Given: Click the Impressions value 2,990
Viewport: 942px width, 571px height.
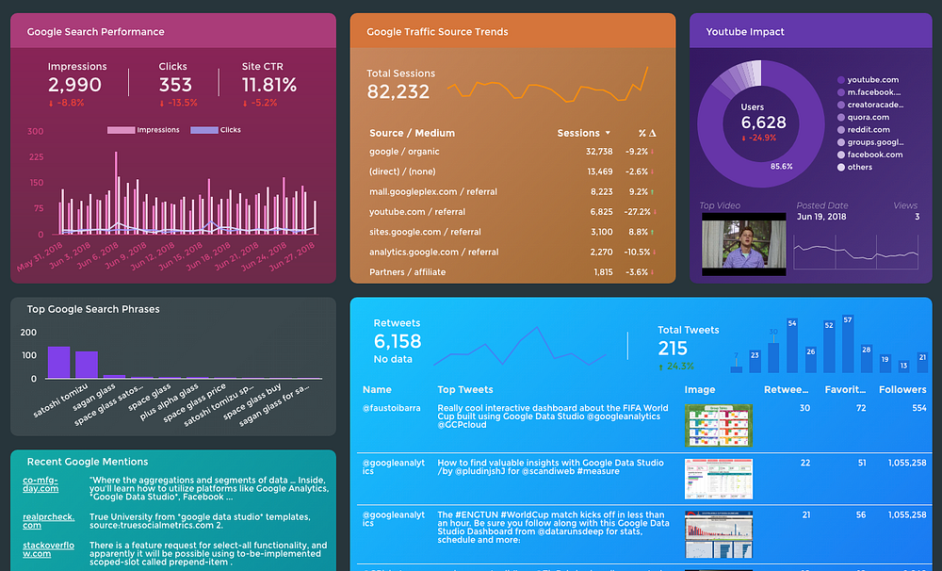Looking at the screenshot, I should (x=74, y=86).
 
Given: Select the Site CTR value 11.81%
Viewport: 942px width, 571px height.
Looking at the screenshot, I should (x=269, y=86).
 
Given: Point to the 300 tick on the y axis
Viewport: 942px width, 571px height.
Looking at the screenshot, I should (x=35, y=131).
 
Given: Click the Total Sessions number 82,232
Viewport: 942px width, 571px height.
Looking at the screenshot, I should (x=398, y=91).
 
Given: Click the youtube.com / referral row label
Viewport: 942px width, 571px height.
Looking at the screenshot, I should (x=417, y=212).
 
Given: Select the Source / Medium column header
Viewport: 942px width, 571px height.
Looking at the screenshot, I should (x=412, y=133).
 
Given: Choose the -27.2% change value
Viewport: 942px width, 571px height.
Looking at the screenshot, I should (x=636, y=212).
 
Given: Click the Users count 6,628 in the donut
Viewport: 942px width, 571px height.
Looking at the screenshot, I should (x=763, y=122).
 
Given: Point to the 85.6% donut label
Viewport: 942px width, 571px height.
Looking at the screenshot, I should (x=782, y=167).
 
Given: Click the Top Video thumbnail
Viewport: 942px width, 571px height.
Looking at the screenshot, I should (x=743, y=245).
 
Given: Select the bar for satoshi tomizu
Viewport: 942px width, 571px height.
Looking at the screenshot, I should (x=59, y=363).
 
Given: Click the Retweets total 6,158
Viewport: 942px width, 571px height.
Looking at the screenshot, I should (x=398, y=341).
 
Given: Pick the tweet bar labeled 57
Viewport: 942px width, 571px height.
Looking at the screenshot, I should (x=848, y=345).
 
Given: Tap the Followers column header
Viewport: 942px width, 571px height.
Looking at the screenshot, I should (x=902, y=389).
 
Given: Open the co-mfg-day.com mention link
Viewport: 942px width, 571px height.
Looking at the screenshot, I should (x=41, y=483).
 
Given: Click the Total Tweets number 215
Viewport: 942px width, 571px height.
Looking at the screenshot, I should (x=674, y=348).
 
